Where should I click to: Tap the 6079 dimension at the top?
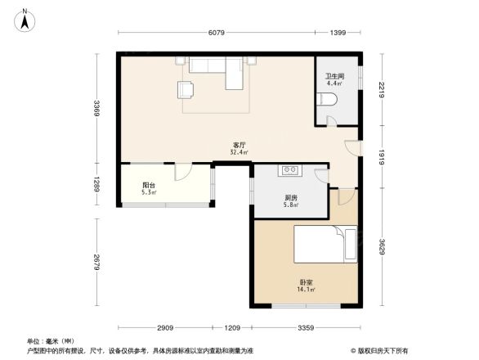coord(216,33)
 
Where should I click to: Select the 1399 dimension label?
coord(338,33)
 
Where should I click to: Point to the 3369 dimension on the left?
coord(96,108)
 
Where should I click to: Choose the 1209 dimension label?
coord(232,328)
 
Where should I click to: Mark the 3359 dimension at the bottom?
coord(305,328)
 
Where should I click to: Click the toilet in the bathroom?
coord(329,100)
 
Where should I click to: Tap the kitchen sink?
coord(290,170)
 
